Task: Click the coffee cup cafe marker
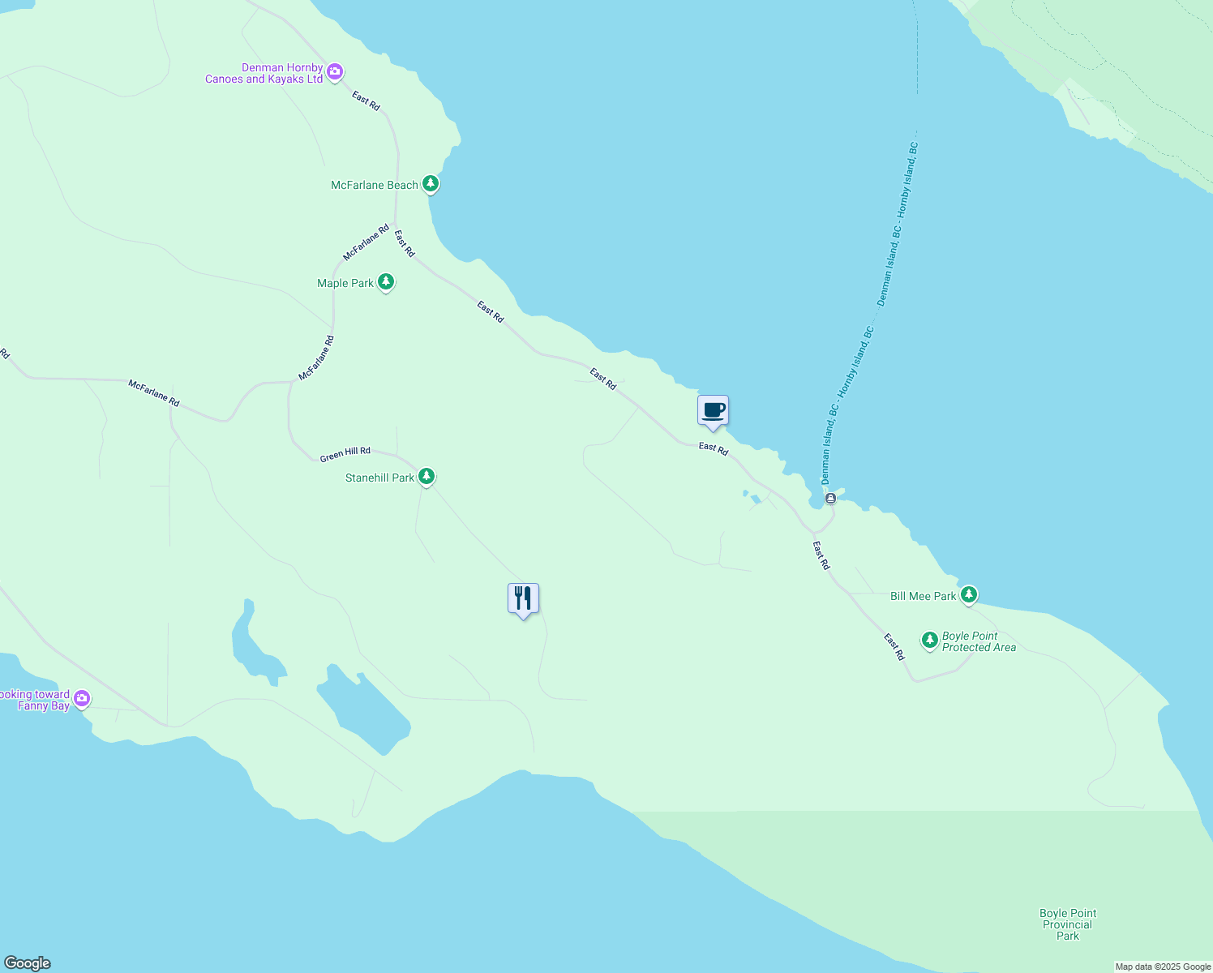coord(713,410)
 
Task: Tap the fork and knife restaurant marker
coord(523,598)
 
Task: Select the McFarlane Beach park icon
coord(431,184)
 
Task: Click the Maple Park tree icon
coord(386,282)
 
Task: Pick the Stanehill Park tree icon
coord(426,477)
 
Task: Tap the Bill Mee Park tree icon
coord(968,595)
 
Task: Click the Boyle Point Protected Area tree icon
coord(930,641)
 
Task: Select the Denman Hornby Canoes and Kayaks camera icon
coord(335,72)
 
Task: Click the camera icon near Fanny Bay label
coord(82,698)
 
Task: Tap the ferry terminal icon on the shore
coord(830,499)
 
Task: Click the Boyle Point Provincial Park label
coord(1068,924)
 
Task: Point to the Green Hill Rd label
coord(345,454)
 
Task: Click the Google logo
coord(27,963)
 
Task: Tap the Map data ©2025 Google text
coord(1163,967)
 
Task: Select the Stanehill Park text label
coord(379,478)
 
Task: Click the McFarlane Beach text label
coord(374,185)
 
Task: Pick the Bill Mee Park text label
coord(923,596)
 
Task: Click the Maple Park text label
coord(345,283)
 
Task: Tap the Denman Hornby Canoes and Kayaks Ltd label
coord(264,73)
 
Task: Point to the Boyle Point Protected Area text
coord(978,641)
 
